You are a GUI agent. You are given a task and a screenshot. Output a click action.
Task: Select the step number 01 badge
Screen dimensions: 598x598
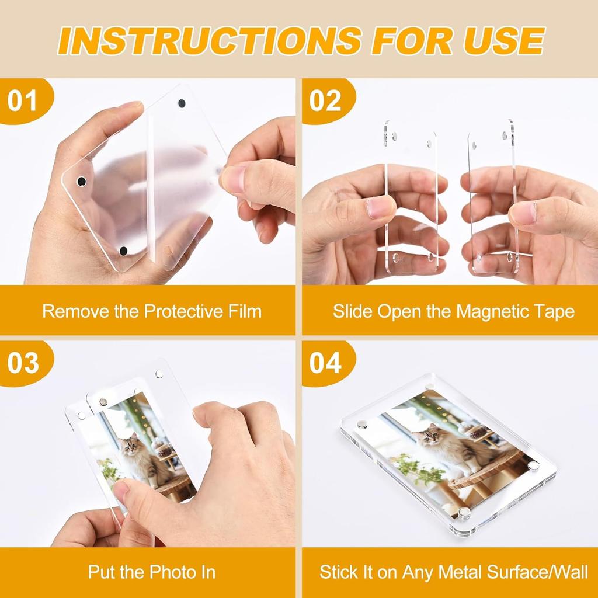[x=22, y=100]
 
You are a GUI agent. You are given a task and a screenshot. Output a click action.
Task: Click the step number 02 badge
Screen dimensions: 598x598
[x=325, y=100]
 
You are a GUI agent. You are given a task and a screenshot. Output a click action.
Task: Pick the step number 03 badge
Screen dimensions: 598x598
[x=22, y=363]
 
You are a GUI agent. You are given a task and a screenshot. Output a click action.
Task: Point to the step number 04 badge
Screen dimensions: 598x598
[x=325, y=363]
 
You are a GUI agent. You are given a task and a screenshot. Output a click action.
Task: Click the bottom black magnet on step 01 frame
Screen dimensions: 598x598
[x=123, y=251]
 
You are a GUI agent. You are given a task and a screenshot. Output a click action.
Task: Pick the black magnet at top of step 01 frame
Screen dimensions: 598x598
[x=181, y=103]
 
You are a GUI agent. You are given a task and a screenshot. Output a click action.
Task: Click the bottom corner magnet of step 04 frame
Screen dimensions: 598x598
[x=464, y=513]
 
